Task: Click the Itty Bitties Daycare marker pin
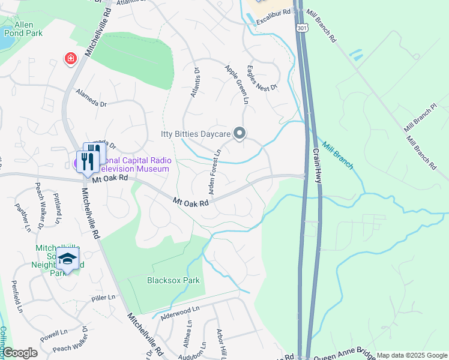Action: [x=240, y=133]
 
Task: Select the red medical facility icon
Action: [x=71, y=58]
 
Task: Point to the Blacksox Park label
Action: [x=173, y=280]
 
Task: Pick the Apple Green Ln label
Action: [x=236, y=84]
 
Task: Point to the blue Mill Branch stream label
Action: [x=337, y=155]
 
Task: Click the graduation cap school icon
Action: [x=68, y=259]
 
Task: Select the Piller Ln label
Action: [x=103, y=298]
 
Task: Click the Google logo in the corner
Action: [x=20, y=353]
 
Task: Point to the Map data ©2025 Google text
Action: [x=411, y=355]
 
